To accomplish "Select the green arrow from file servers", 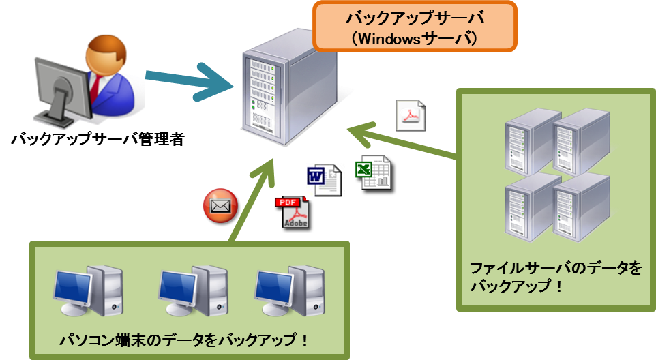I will click(x=402, y=144).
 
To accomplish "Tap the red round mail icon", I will click(x=222, y=207).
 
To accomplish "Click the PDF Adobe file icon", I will click(x=293, y=213).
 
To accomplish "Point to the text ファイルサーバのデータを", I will click(x=556, y=268).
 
